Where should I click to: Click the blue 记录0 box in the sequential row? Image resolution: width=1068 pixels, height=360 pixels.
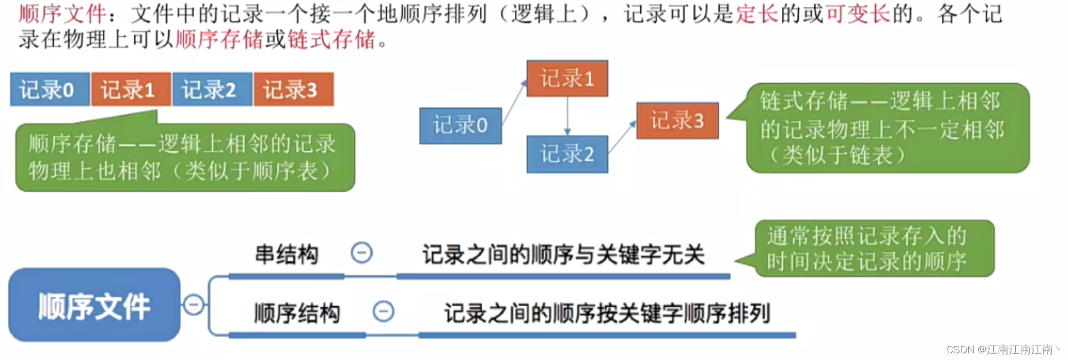click(x=49, y=89)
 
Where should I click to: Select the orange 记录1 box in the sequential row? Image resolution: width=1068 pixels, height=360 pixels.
click(x=131, y=89)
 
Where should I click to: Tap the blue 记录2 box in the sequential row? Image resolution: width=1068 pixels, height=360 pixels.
click(x=212, y=89)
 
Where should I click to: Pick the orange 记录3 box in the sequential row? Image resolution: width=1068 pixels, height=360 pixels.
click(x=293, y=89)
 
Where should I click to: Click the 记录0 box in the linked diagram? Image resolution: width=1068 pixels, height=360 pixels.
click(x=460, y=125)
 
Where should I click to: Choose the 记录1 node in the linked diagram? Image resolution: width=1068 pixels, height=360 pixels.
click(x=567, y=78)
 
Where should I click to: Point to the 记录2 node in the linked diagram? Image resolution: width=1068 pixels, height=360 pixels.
click(x=567, y=154)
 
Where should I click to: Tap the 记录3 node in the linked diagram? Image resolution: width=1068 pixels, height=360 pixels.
click(x=677, y=120)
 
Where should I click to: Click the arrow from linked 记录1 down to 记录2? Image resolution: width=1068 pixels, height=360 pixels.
click(x=567, y=116)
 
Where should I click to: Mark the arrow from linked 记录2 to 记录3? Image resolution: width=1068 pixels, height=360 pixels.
click(x=622, y=138)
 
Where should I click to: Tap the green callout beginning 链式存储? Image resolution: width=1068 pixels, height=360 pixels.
click(x=887, y=128)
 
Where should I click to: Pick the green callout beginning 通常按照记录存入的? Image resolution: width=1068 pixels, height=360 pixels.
click(x=873, y=249)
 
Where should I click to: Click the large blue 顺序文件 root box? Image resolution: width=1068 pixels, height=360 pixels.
click(x=94, y=305)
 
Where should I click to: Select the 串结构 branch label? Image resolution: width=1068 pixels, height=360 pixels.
click(x=287, y=255)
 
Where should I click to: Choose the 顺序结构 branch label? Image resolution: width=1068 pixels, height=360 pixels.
click(x=297, y=313)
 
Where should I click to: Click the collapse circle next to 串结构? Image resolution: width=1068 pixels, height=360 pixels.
click(x=362, y=253)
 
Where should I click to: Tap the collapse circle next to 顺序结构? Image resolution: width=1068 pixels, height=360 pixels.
click(x=383, y=311)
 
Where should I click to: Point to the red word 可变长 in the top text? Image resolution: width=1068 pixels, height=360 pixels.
click(x=858, y=13)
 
